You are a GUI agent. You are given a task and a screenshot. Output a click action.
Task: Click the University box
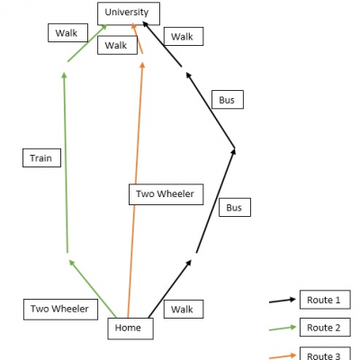(129, 13)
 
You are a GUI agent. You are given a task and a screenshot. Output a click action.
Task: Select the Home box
(130, 328)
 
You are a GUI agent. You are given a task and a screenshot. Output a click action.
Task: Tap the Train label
(41, 157)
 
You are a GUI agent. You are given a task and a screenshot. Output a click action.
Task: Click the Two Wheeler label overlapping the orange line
(166, 194)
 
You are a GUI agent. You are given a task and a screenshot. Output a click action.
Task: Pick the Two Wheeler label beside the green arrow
(60, 310)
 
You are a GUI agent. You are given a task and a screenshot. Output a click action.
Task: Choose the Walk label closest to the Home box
(184, 309)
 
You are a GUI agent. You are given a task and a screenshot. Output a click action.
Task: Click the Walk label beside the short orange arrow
(117, 45)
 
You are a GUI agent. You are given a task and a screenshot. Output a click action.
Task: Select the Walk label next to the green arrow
(67, 32)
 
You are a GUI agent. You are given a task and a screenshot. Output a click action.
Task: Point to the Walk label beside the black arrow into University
(184, 37)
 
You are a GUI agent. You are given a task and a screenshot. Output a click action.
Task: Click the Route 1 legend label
(325, 300)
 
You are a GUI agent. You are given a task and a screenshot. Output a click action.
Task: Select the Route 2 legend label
(325, 328)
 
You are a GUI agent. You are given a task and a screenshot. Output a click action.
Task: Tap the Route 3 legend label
(325, 354)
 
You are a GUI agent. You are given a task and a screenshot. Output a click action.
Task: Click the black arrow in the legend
(283, 301)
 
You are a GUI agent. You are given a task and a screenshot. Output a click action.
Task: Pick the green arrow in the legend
(283, 328)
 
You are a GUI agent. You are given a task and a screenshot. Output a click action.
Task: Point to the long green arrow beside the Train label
(66, 162)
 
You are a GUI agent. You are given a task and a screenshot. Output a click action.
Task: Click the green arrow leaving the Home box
(93, 288)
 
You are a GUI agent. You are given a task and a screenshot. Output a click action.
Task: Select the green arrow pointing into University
(87, 43)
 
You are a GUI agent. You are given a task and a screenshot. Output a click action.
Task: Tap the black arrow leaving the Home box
(170, 289)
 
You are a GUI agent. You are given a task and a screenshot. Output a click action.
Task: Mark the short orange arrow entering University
(137, 38)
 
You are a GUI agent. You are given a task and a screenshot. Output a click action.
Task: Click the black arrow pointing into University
(162, 44)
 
